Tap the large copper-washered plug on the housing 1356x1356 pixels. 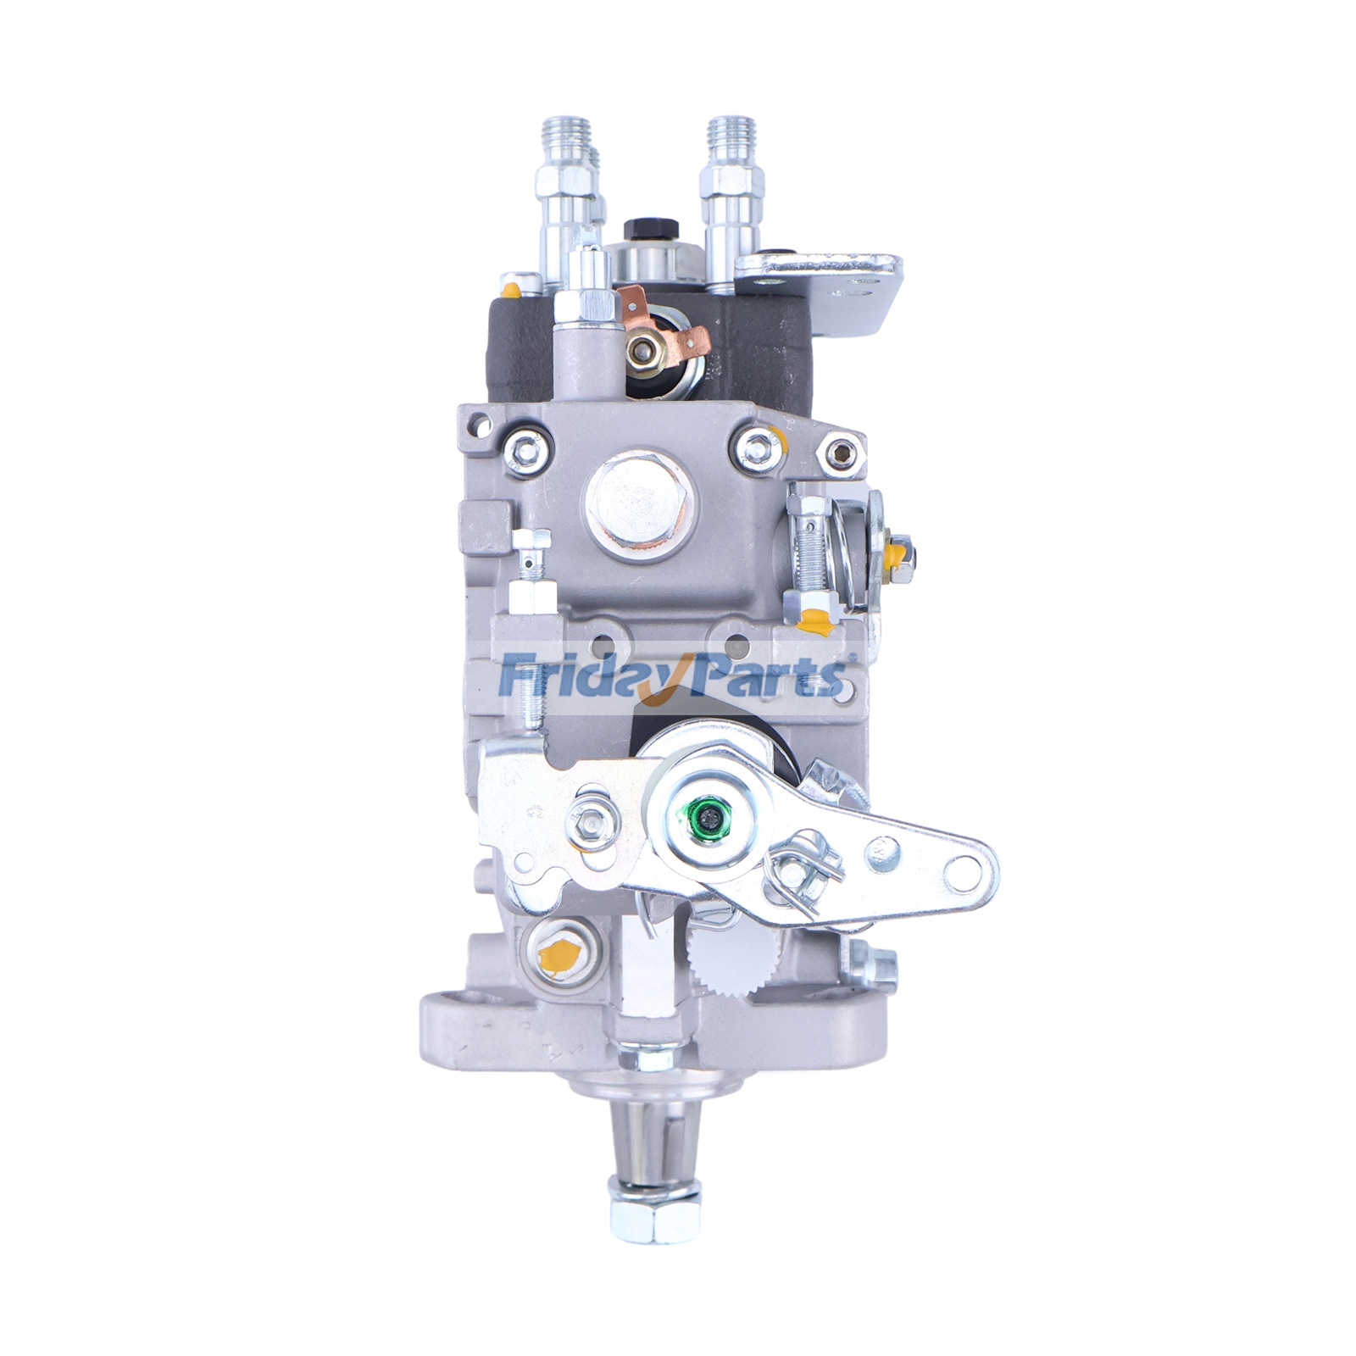[x=643, y=502]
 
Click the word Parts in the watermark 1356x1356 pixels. [x=759, y=678]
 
